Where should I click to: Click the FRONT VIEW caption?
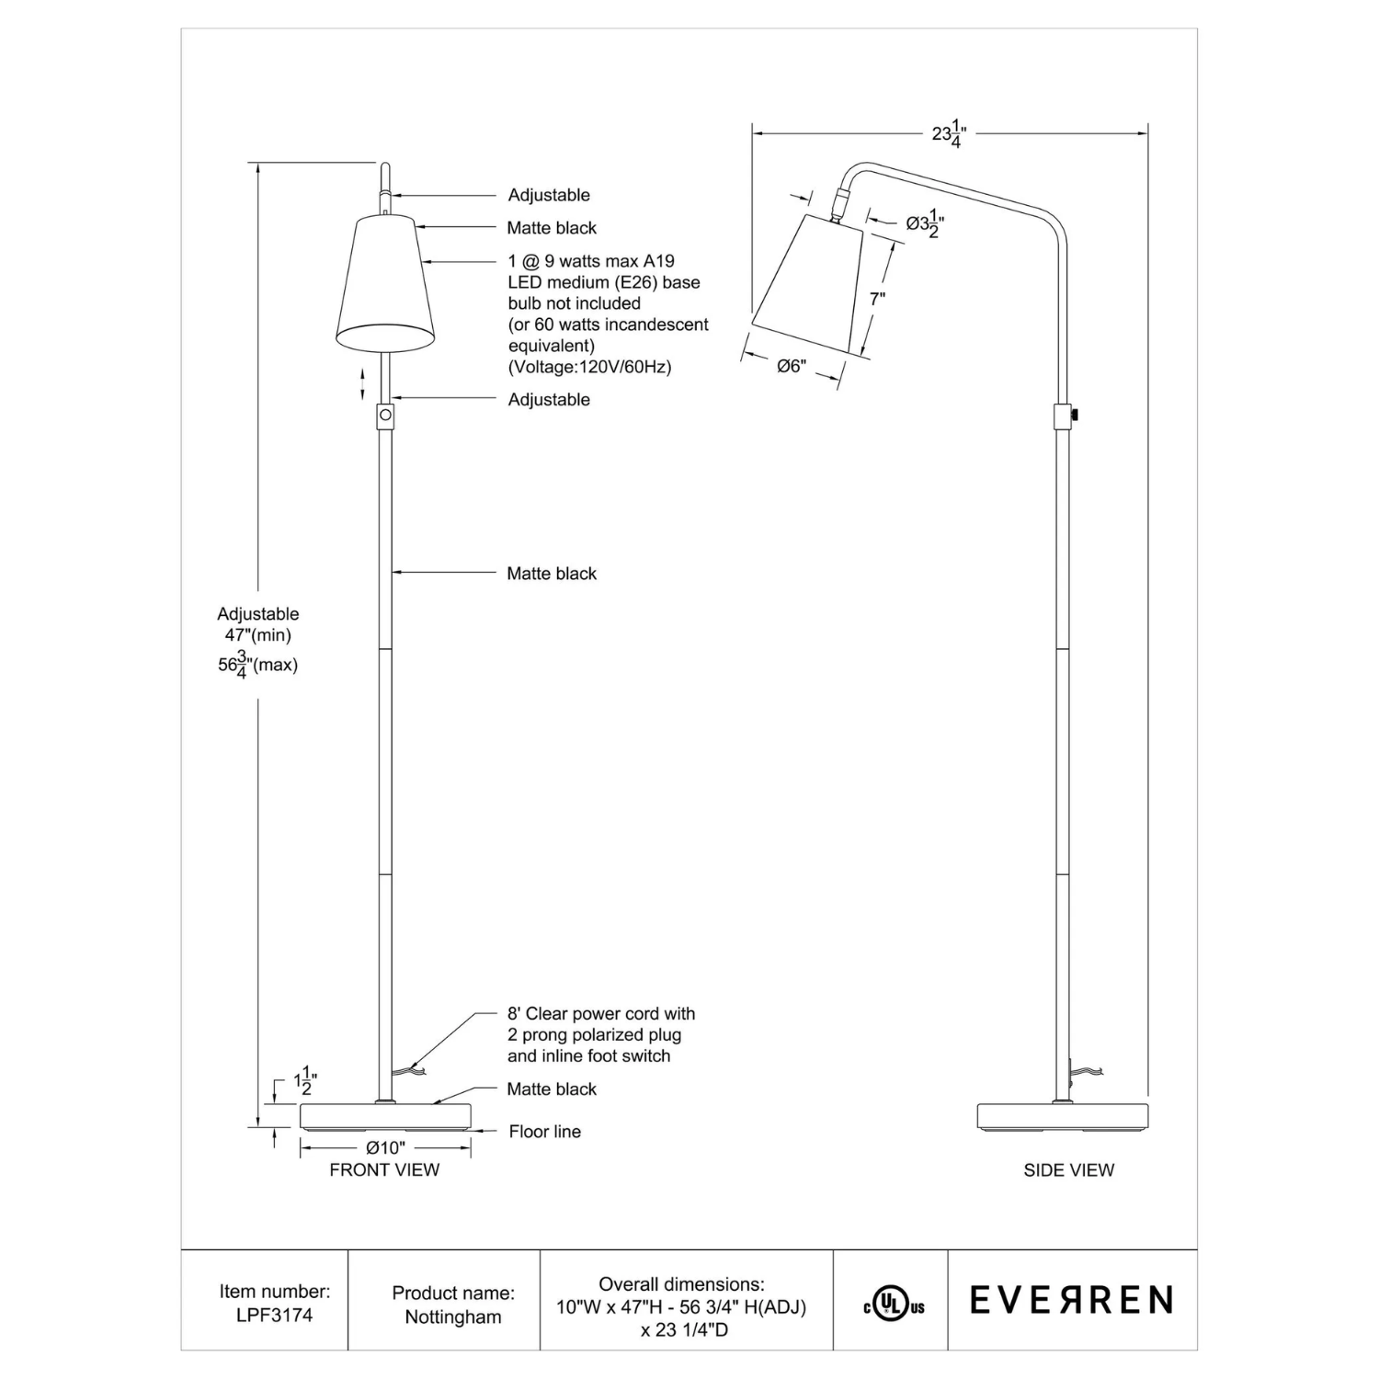384,1169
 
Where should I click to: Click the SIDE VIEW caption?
1068,1169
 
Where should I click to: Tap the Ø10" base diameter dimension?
385,1147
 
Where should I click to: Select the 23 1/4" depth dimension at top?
950,134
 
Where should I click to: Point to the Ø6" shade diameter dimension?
791,366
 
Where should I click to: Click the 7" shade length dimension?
877,299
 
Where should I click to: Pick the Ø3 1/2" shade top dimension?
925,223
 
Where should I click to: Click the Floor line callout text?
544,1132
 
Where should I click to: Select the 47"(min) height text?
258,635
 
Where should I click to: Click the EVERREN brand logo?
1071,1300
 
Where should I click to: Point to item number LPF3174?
274,1316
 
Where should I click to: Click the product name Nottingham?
453,1316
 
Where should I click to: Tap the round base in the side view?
1062,1115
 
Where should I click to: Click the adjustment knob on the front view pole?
385,416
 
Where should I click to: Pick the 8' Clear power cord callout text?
601,1014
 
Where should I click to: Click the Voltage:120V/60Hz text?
590,367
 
